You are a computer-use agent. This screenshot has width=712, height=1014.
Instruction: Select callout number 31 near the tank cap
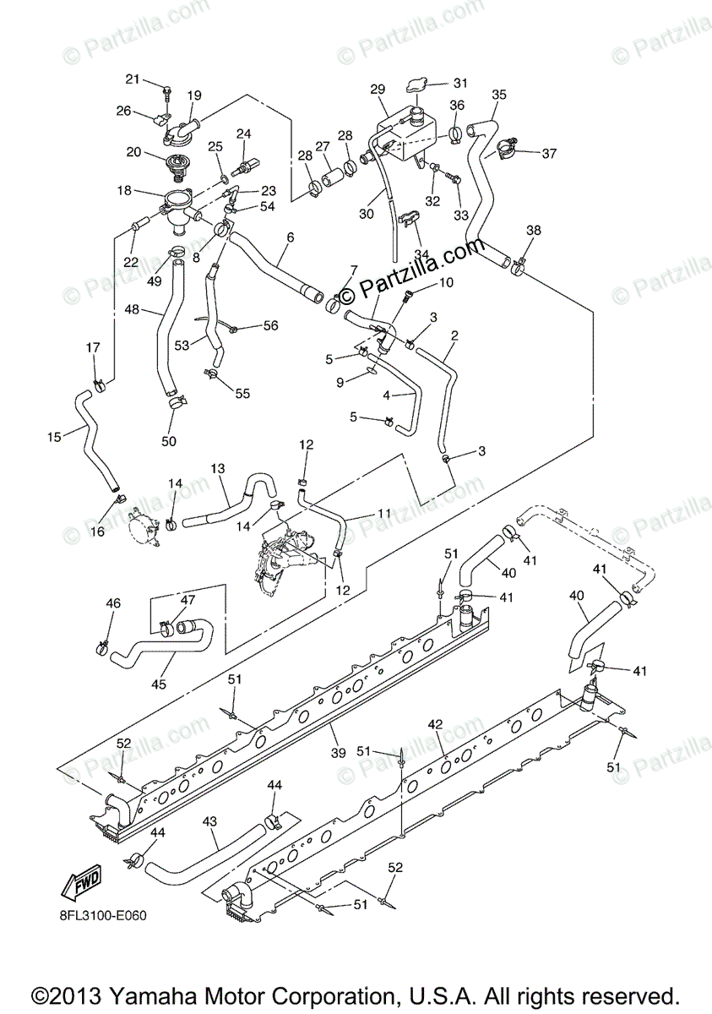(x=459, y=83)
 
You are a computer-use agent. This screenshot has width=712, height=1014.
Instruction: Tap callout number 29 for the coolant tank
(x=378, y=90)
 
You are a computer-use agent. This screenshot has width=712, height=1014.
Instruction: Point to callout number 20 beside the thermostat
(x=133, y=152)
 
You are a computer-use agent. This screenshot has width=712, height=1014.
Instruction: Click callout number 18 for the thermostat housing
(x=125, y=191)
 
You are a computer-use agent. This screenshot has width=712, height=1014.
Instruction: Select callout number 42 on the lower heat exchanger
(x=435, y=724)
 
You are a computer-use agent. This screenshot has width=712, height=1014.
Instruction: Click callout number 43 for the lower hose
(x=210, y=821)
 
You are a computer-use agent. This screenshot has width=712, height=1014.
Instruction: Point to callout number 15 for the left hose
(x=54, y=437)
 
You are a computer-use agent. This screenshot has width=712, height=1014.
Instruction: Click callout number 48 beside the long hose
(x=132, y=310)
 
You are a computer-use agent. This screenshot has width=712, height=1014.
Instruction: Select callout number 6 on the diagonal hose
(x=290, y=238)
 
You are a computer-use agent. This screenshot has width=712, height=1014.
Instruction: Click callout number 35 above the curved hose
(x=498, y=95)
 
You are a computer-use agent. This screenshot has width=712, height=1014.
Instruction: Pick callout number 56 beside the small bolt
(x=270, y=325)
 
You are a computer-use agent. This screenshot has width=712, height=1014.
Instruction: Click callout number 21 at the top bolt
(x=133, y=79)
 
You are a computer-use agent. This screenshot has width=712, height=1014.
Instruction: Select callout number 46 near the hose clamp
(x=113, y=603)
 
